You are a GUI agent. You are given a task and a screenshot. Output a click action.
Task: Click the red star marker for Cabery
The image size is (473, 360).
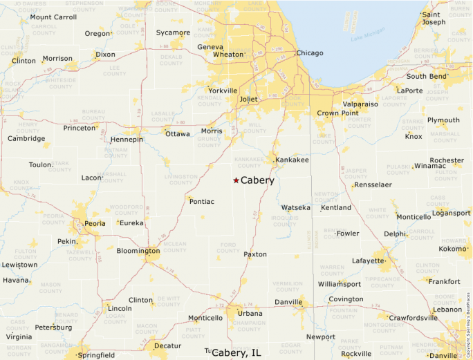(236, 180)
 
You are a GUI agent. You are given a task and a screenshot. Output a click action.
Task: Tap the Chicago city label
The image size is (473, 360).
(310, 53)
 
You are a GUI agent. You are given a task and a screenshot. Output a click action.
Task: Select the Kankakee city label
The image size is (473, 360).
(292, 160)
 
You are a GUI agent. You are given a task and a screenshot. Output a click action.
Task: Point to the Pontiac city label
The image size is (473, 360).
(202, 201)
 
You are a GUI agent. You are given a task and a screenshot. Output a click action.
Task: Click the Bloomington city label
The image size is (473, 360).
(138, 250)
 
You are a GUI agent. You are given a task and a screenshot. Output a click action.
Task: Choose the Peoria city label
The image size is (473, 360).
(95, 223)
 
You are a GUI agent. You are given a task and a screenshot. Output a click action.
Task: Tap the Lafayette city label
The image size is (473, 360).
(368, 260)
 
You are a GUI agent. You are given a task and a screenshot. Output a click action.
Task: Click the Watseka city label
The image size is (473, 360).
(296, 207)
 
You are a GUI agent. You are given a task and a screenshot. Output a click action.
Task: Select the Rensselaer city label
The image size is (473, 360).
(372, 185)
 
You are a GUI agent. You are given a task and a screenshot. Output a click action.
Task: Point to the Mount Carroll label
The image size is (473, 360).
(53, 17)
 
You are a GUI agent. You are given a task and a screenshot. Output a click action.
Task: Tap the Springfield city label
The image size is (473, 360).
(97, 355)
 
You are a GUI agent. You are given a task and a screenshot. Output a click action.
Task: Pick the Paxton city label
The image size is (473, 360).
(256, 255)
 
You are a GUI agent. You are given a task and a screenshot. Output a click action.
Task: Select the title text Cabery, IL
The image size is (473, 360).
(236, 352)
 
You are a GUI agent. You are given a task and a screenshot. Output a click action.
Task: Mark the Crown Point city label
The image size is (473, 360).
(337, 113)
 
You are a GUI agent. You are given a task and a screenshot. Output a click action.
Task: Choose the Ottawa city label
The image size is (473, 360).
(178, 134)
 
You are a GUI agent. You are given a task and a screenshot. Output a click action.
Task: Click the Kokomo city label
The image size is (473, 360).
(453, 249)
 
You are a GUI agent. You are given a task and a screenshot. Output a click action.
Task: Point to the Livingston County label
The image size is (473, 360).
(181, 180)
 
